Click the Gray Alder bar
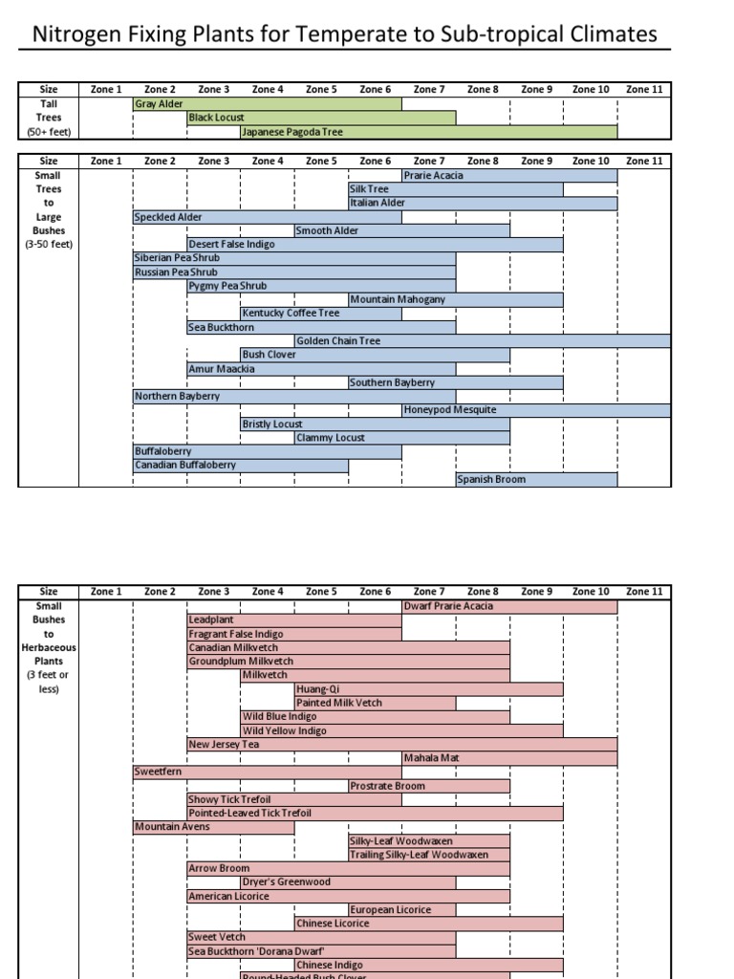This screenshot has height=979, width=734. tap(268, 103)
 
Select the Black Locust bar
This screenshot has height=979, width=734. tap(321, 118)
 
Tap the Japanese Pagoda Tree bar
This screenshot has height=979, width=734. tap(428, 132)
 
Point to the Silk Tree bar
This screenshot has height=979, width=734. tap(455, 189)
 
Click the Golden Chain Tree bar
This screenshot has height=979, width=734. tap(482, 340)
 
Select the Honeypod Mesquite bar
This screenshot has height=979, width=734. tap(535, 409)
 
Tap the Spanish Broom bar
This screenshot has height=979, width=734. tap(508, 479)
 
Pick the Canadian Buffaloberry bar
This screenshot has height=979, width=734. tap(241, 465)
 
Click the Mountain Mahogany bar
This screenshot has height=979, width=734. tap(455, 299)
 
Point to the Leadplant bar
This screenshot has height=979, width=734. tap(294, 620)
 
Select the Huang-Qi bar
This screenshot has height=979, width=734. tap(428, 688)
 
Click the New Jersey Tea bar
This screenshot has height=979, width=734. tap(401, 744)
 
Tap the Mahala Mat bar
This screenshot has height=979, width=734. tap(508, 757)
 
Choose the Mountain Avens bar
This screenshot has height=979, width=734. tap(213, 826)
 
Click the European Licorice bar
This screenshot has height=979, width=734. tap(428, 909)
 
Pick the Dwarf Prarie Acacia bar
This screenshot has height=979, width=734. tap(508, 606)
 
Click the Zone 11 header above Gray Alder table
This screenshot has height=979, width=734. tap(643, 89)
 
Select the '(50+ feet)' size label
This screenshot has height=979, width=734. tap(49, 132)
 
